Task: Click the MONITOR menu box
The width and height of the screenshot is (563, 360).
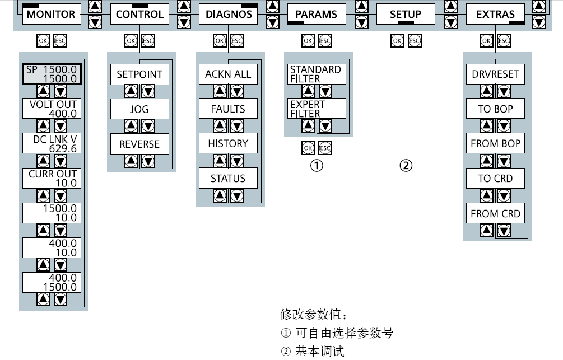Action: pos(52,15)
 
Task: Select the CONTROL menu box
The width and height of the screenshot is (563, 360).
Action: pos(139,15)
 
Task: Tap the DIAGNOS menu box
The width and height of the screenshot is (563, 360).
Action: pos(229,15)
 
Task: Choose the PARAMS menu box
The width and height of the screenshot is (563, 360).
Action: pos(317,15)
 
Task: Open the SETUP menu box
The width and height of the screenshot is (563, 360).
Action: pos(406,15)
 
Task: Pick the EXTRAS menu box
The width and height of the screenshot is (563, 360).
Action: pos(495,15)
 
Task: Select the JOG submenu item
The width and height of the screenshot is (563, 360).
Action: pos(139,109)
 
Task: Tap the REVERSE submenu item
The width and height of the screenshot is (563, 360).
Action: pos(139,144)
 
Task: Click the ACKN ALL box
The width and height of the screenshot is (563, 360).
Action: pos(228,74)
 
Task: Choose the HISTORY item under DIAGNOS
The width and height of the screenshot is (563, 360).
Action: pos(228,144)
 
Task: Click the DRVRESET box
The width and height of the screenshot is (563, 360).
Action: pos(495,74)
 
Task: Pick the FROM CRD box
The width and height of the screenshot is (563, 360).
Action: pos(495,213)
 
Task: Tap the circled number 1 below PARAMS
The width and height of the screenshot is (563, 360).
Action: pos(317,165)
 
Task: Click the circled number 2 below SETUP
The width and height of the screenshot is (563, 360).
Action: pos(406,165)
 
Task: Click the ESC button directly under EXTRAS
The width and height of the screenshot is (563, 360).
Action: pos(504,41)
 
